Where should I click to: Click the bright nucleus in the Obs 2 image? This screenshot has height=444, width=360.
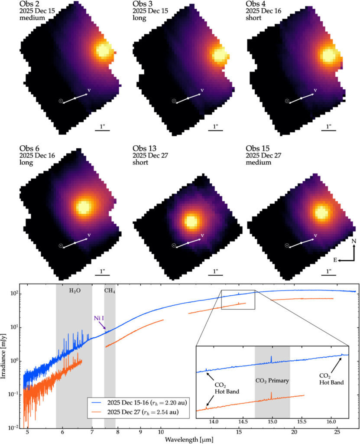pyautogui.click(x=104, y=51)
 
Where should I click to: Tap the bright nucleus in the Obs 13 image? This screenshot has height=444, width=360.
pyautogui.click(x=190, y=221)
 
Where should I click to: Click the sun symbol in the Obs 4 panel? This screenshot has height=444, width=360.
pyautogui.click(x=287, y=101)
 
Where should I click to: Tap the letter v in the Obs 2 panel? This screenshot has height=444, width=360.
pyautogui.click(x=89, y=90)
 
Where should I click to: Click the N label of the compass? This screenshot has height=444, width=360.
pyautogui.click(x=354, y=241)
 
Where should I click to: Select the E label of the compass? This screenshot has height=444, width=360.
pyautogui.click(x=336, y=260)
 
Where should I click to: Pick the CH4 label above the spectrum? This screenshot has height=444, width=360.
pyautogui.click(x=110, y=291)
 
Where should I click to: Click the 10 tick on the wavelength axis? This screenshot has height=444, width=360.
pyautogui.click(x=161, y=432)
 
